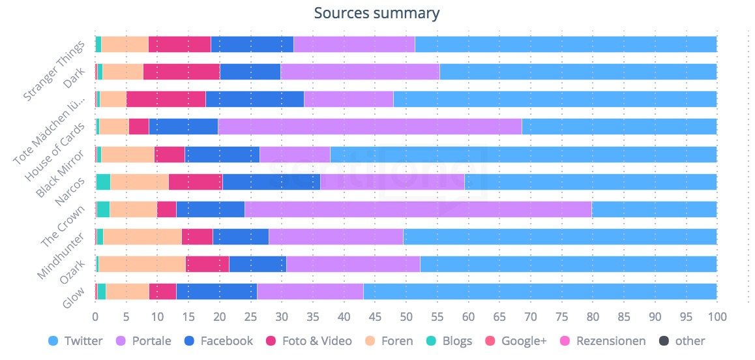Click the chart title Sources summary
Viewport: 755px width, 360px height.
377,13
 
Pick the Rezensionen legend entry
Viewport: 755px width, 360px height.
602,340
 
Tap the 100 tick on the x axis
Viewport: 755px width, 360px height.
717,317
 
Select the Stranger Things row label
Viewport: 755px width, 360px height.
55,70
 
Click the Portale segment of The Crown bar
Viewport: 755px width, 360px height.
418,209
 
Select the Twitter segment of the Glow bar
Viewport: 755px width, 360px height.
540,292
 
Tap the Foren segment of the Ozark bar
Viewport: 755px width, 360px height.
142,264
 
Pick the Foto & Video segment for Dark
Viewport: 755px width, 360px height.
181,72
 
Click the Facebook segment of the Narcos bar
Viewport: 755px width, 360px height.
271,181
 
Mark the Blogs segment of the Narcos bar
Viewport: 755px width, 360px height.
103,181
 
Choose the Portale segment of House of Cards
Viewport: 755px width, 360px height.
370,127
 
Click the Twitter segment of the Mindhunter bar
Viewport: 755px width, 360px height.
559,237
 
